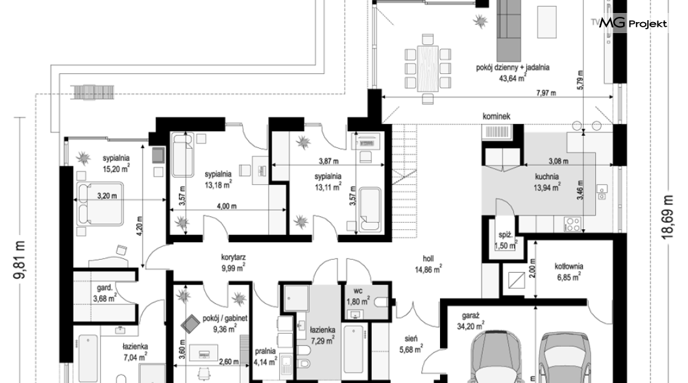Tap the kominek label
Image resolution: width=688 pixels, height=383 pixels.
(497, 117)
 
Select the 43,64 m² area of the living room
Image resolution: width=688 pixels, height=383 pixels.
(513, 78)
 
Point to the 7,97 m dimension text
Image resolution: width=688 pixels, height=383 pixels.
(546, 93)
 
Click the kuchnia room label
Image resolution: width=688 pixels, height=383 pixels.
(547, 177)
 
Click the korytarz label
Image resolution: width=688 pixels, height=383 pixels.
(233, 258)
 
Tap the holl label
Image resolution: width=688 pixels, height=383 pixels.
(428, 259)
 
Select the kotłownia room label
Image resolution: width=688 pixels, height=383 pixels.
(569, 266)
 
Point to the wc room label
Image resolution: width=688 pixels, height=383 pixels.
(358, 291)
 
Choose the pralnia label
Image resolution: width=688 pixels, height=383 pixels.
(265, 351)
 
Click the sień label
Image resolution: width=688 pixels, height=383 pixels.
(411, 339)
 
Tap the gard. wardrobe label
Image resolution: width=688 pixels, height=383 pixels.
(104, 288)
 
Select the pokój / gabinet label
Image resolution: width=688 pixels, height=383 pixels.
(225, 318)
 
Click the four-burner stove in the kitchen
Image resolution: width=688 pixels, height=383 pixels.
(572, 225)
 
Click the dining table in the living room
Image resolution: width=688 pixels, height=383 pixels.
(428, 68)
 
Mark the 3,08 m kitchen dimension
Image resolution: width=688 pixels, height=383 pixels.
(558, 162)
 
